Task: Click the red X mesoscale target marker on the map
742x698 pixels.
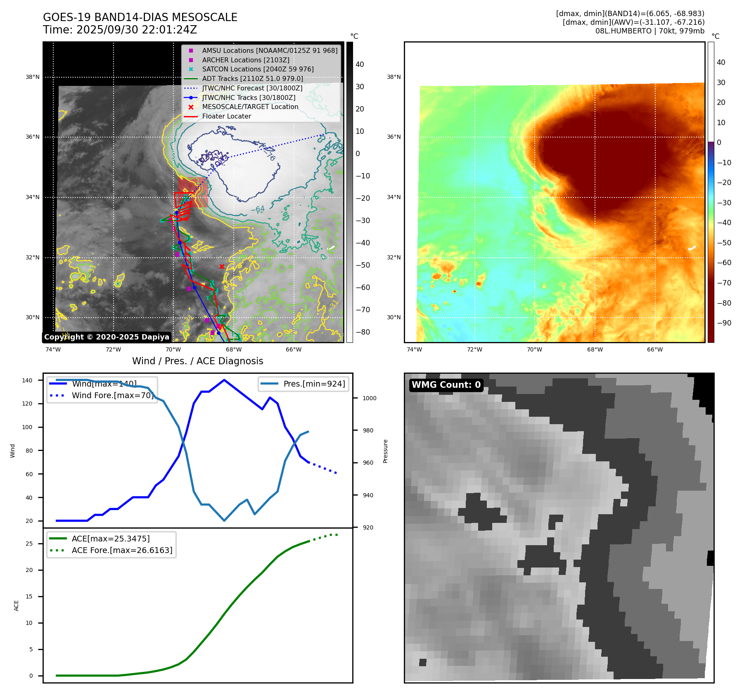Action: click(222, 266)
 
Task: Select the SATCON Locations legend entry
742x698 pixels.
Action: click(258, 69)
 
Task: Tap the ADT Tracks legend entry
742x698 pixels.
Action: click(252, 79)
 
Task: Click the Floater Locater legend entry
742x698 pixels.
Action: click(226, 116)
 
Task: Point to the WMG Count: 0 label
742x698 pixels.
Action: click(446, 385)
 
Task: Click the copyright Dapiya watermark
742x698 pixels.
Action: click(107, 337)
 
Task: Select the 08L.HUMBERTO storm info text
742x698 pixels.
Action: click(650, 31)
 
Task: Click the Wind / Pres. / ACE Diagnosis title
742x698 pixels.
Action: click(197, 361)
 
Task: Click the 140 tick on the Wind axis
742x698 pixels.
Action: click(27, 380)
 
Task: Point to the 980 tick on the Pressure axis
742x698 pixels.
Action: click(368, 430)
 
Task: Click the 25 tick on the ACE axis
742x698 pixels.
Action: click(29, 544)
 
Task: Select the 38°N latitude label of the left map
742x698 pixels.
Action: click(33, 77)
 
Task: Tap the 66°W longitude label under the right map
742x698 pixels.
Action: click(655, 350)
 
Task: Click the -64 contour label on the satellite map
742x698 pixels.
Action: click(258, 209)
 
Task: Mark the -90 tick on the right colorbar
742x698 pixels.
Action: click(724, 323)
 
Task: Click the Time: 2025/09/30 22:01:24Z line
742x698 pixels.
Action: click(120, 30)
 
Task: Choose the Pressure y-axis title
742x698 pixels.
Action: click(385, 451)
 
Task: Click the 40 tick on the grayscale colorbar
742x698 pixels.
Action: click(360, 64)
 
